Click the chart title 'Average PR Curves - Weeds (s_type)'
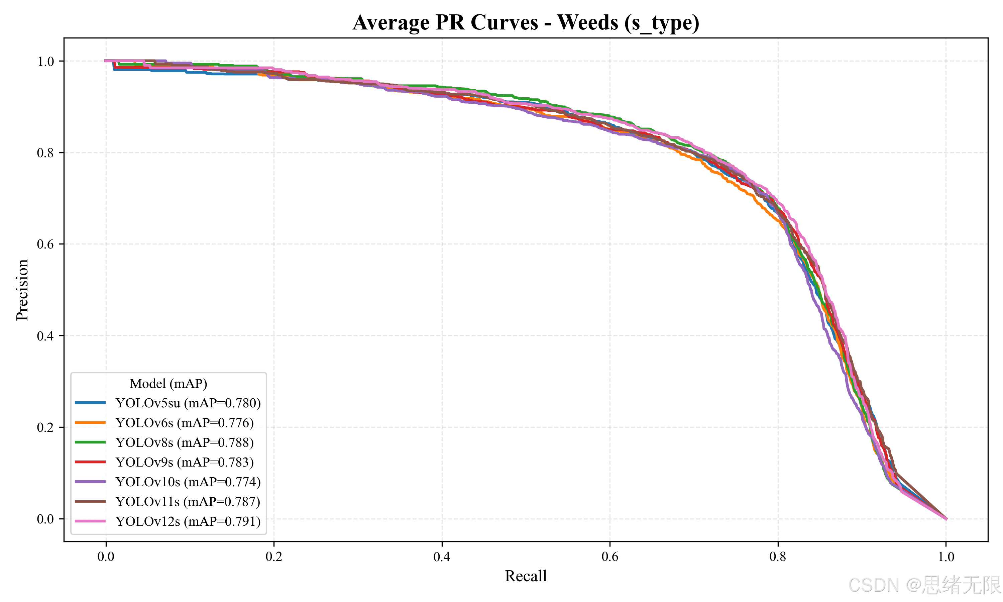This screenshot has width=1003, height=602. [x=526, y=23]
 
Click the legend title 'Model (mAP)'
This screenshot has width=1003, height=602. [x=168, y=383]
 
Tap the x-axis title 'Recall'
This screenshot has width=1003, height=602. [x=526, y=576]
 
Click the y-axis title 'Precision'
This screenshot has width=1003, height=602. [x=22, y=290]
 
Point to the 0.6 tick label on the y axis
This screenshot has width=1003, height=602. [x=45, y=244]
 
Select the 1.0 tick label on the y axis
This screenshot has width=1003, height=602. [x=45, y=61]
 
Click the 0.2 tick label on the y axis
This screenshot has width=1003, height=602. [x=45, y=427]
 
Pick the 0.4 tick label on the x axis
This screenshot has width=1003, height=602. [x=442, y=557]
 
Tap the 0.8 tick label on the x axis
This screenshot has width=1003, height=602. [x=778, y=557]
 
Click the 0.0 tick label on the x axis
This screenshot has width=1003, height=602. [x=106, y=557]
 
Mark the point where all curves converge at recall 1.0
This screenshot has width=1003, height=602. [x=946, y=519]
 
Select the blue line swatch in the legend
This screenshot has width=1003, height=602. [x=90, y=403]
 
